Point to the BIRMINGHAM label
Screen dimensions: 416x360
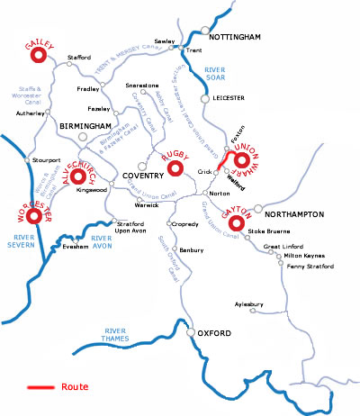coord(85,126)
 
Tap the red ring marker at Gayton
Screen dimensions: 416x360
coord(238,223)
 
